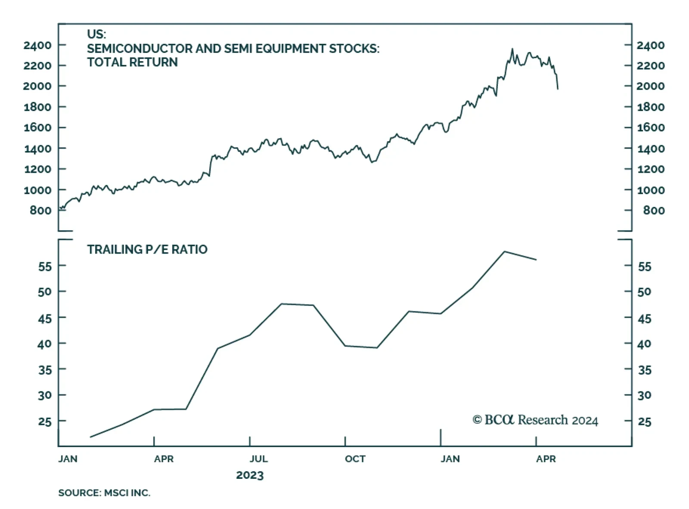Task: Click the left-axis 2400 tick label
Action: point(37,45)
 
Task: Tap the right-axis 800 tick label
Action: point(654,211)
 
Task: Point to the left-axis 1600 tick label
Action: point(37,127)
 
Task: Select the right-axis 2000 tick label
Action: point(650,86)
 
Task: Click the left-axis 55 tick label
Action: point(45,267)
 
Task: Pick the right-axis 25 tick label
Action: point(644,422)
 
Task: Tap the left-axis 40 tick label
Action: point(45,344)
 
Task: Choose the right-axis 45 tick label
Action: point(644,319)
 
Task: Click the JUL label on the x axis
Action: point(258,459)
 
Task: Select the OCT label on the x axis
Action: point(355,459)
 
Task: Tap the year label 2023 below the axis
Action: point(250,475)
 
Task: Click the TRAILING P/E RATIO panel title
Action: point(147,249)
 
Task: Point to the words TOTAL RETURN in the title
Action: point(132,62)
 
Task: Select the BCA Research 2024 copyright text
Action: point(535,420)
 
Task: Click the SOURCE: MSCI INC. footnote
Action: point(104,493)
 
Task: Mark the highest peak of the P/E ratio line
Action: point(504,251)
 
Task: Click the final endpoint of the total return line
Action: point(558,89)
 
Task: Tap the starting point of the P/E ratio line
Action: point(90,437)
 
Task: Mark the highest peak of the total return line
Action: point(512,49)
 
